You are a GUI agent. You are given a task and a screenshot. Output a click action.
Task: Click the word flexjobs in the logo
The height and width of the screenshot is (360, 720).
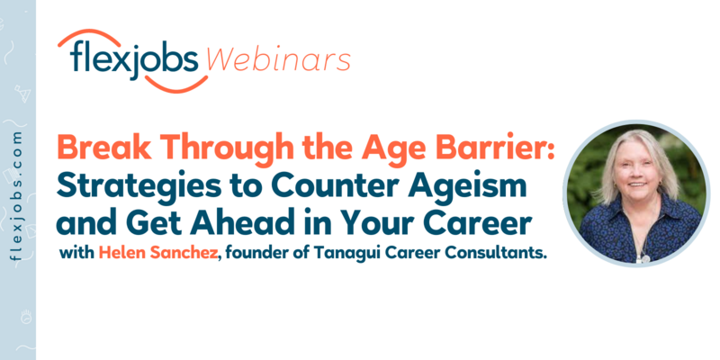[x=131, y=60]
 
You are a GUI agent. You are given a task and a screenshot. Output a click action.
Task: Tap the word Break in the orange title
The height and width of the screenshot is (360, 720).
[x=102, y=148]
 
